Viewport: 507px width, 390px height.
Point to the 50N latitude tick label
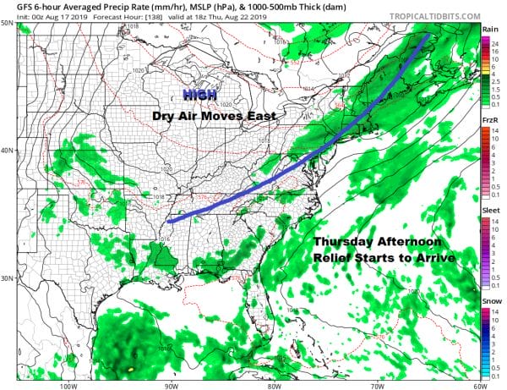click(x=7, y=23)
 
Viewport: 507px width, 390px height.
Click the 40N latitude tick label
click(x=7, y=151)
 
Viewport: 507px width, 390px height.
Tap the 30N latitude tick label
click(x=7, y=278)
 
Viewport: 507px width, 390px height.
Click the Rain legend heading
click(x=490, y=29)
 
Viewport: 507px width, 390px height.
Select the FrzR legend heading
click(x=490, y=121)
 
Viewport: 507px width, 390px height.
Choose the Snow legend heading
click(x=490, y=301)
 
